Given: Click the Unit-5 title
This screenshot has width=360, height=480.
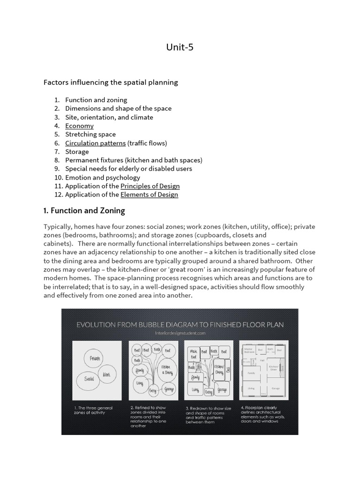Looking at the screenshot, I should point(180,47).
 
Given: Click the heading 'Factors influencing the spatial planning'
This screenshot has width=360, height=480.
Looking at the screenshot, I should point(111,82).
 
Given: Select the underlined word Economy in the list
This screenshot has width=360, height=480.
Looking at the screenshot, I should point(79,126).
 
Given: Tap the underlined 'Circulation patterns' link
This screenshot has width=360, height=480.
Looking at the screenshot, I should point(95,143).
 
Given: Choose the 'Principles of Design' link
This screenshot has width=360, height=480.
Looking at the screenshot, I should point(149,186).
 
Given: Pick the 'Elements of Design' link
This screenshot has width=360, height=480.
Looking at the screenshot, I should point(149,195).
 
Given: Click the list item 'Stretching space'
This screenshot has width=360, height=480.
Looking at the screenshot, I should point(90,135).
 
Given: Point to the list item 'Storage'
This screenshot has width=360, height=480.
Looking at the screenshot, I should point(77,151).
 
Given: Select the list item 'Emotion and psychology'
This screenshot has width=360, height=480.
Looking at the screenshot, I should point(103,178).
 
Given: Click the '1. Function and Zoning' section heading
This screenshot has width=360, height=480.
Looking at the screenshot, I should point(84,210).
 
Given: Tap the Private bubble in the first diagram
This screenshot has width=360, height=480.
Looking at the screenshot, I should point(95,359).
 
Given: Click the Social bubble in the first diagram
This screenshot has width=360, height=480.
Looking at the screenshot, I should point(90,378).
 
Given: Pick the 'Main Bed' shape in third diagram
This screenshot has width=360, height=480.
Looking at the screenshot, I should point(193,355).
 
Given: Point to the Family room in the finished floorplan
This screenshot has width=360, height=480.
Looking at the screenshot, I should point(251,374).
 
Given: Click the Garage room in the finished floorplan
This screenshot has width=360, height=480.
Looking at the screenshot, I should point(276,388).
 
